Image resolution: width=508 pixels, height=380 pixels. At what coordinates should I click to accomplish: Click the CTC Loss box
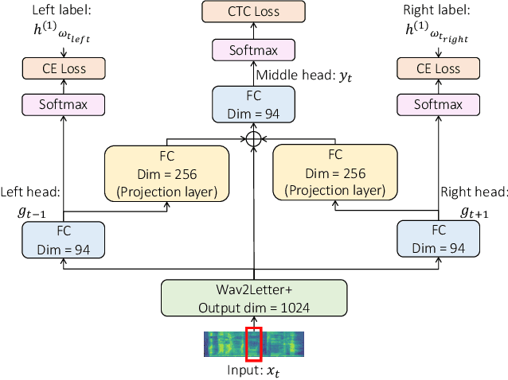[x=253, y=12]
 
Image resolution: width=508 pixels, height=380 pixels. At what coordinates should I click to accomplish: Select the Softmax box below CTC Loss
[x=253, y=49]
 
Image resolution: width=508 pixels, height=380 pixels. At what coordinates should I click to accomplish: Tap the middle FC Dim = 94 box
[x=253, y=103]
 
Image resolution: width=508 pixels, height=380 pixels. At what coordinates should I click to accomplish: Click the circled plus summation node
[x=253, y=138]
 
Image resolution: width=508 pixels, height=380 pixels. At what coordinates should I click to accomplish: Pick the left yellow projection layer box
[x=166, y=172]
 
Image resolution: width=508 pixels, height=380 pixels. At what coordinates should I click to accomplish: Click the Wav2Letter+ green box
[x=254, y=298]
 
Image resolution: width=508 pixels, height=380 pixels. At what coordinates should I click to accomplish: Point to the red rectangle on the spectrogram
[x=253, y=343]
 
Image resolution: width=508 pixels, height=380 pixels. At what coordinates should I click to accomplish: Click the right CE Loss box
[x=438, y=68]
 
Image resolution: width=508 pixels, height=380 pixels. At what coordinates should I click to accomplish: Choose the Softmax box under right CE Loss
[x=438, y=104]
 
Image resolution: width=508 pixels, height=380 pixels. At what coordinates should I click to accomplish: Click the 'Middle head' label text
[x=291, y=76]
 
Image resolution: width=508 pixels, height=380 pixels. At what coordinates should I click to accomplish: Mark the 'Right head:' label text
[x=474, y=192]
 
